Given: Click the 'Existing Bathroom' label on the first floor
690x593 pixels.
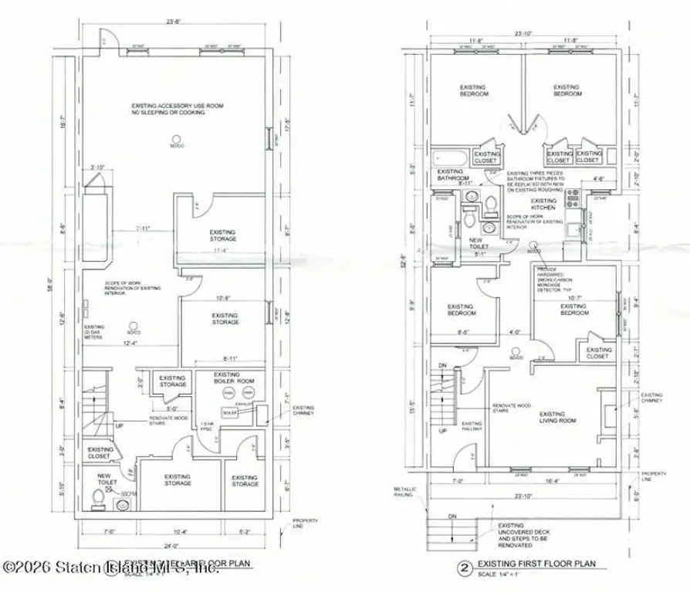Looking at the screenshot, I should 453,175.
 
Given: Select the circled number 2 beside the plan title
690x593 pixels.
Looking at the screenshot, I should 464,569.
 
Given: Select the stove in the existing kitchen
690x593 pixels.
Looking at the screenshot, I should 573,200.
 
